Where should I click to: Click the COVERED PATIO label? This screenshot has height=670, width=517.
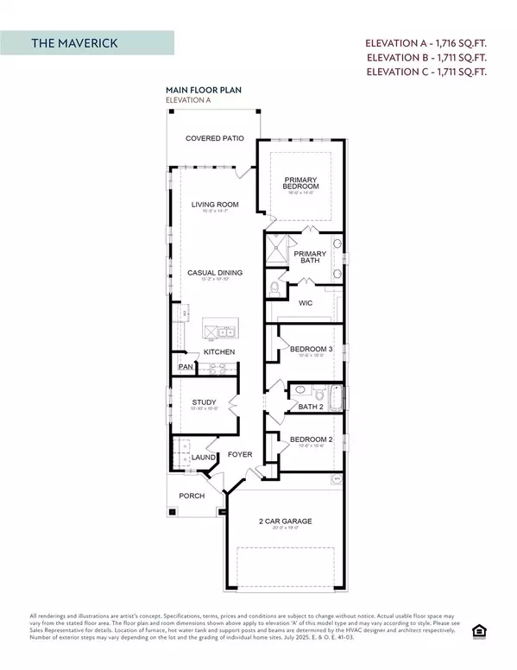click(215, 138)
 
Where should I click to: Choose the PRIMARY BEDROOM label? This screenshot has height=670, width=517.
click(301, 183)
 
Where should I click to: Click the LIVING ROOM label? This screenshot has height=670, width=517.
click(215, 205)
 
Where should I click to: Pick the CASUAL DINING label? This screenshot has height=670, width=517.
click(215, 273)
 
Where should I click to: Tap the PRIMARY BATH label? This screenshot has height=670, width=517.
click(309, 257)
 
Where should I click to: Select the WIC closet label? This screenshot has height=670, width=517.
click(304, 303)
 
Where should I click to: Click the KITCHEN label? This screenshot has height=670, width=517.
click(219, 352)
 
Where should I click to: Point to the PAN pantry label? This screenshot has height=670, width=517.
click(186, 367)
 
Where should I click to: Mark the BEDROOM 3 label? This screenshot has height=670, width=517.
click(309, 349)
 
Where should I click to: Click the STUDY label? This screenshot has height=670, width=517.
click(203, 402)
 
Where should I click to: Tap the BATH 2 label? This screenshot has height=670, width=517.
click(310, 406)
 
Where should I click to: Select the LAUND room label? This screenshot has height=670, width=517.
click(204, 458)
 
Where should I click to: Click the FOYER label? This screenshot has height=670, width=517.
click(239, 454)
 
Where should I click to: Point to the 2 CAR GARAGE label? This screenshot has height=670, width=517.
click(285, 521)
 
